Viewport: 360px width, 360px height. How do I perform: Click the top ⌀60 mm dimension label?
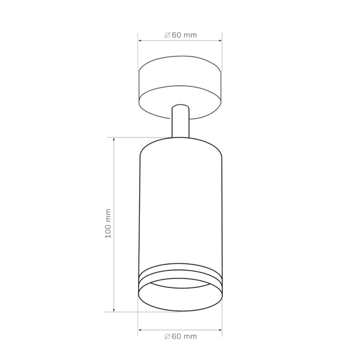[181, 35]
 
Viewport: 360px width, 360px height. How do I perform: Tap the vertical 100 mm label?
[109, 223]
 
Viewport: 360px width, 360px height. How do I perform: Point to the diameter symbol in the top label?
[167, 35]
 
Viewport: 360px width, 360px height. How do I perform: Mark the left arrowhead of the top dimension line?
[140, 41]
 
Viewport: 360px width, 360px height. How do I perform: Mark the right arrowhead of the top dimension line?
[221, 41]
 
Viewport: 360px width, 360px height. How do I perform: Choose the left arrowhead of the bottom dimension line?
[140, 329]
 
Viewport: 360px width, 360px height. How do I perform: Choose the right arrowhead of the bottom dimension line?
[221, 329]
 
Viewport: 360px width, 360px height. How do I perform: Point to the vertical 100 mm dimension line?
[114, 180]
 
